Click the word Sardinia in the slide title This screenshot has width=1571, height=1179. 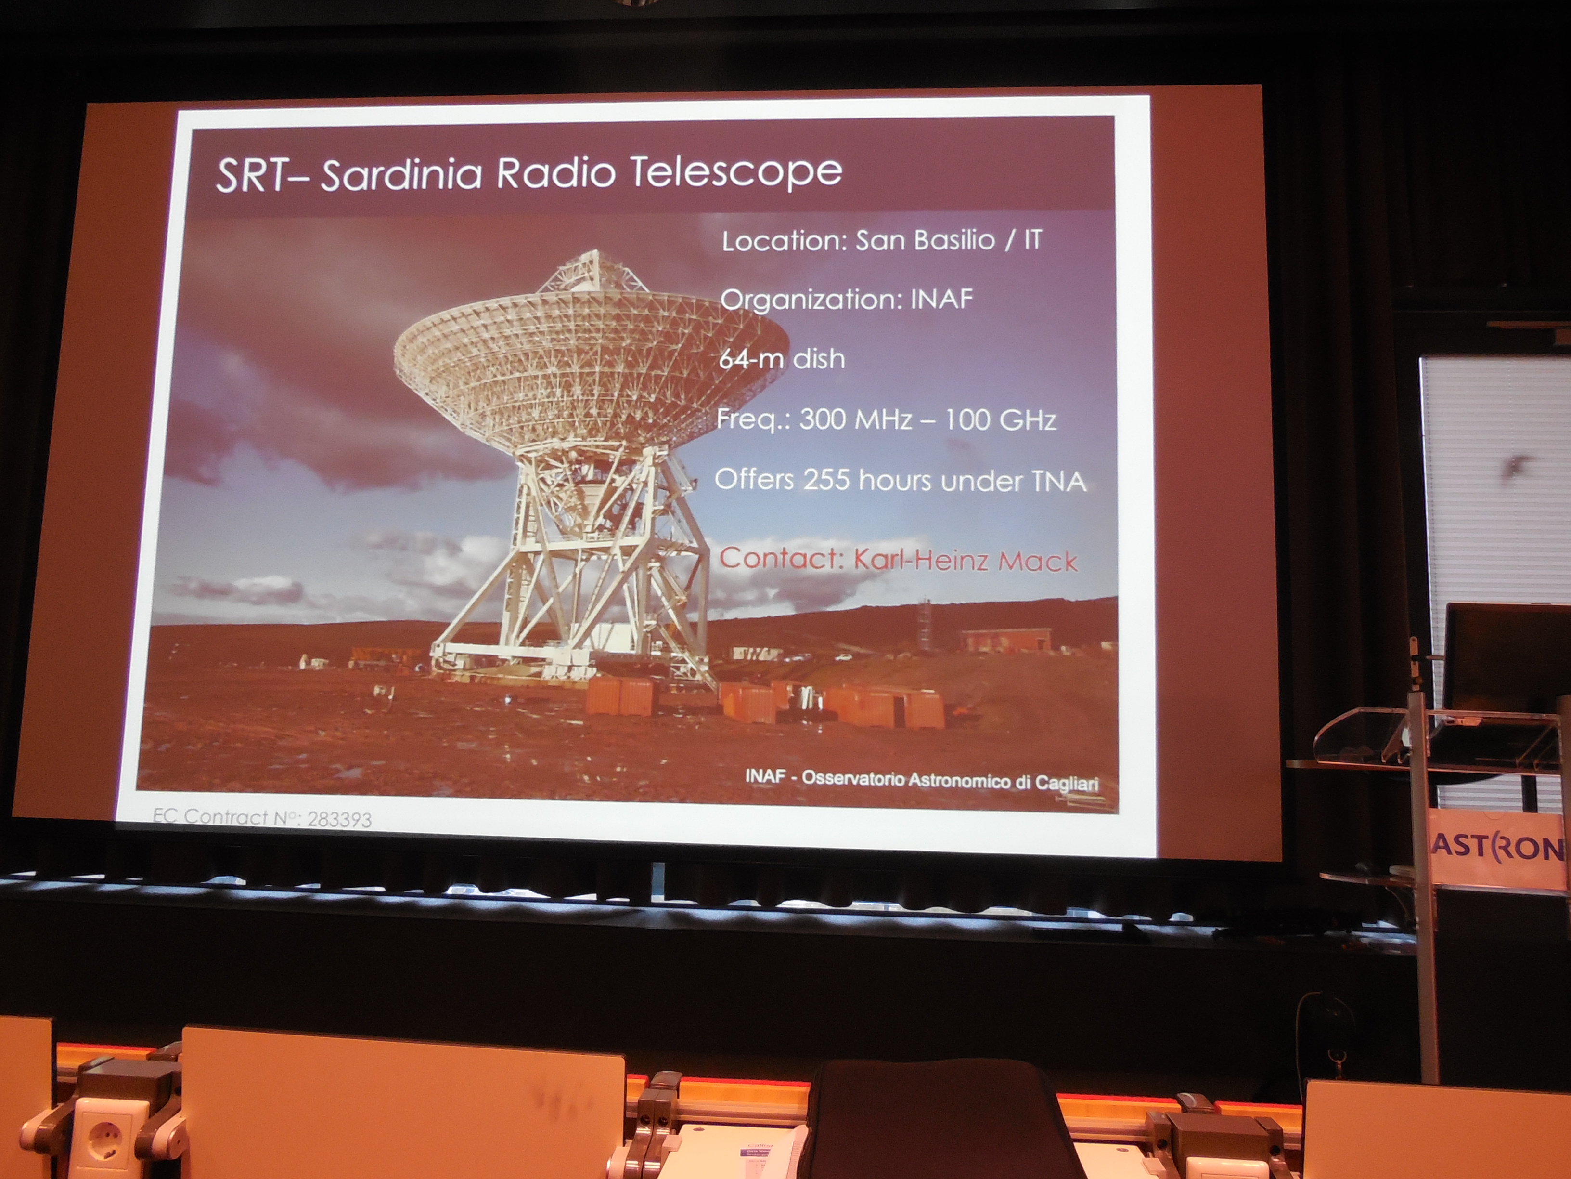pyautogui.click(x=401, y=174)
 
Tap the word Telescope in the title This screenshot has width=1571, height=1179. pyautogui.click(x=736, y=172)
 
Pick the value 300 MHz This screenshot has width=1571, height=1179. pyautogui.click(x=855, y=419)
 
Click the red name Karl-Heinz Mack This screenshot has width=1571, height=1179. pyautogui.click(x=965, y=561)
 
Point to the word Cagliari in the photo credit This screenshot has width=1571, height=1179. pyautogui.click(x=1066, y=783)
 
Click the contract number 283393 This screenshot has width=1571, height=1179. pyautogui.click(x=339, y=819)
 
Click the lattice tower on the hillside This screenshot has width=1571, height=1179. pyautogui.click(x=924, y=623)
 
